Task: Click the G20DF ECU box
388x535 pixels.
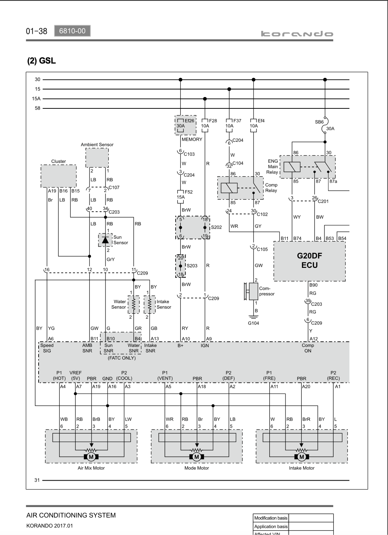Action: pos(309,261)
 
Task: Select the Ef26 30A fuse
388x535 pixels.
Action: pos(180,125)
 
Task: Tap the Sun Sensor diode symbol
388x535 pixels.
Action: pos(105,240)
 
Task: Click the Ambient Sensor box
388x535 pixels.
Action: pos(97,158)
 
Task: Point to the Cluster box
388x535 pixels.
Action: pos(58,176)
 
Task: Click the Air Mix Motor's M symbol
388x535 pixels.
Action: pos(91,457)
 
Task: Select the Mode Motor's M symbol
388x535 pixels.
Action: pos(197,457)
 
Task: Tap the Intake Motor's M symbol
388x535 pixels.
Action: pos(302,457)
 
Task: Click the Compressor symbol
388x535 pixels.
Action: pos(251,291)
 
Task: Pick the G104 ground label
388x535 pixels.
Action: pos(253,323)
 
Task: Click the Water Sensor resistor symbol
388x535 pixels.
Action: pos(134,305)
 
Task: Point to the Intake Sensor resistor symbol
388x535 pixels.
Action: pos(150,305)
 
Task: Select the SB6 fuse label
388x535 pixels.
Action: pos(319,122)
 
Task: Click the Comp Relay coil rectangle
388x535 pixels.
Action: pos(229,188)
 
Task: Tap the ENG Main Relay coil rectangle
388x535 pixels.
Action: pos(292,167)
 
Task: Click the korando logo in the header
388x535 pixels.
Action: pos(297,34)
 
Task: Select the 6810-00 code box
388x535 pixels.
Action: pos(72,31)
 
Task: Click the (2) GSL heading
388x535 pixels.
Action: pos(42,61)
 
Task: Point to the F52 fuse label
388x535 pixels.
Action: pos(188,192)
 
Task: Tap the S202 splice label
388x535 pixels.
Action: pos(216,227)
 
